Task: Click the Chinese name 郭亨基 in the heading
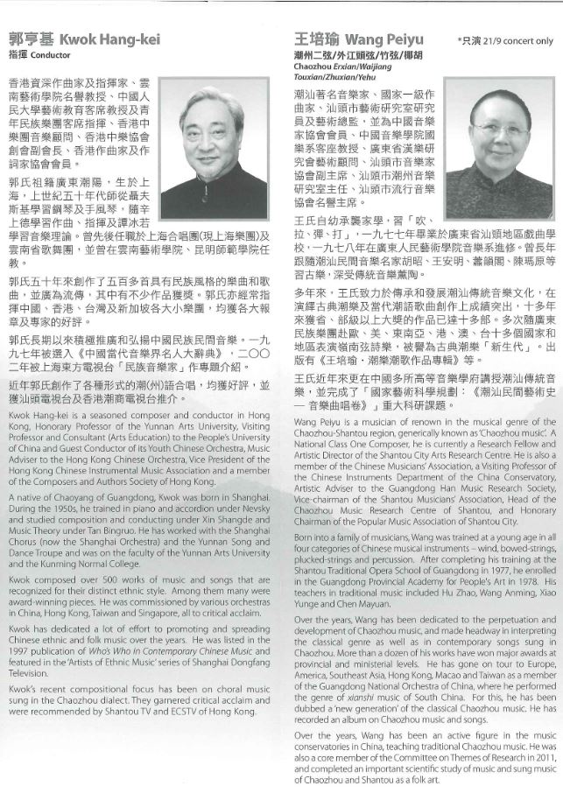pos(32,40)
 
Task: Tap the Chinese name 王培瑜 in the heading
pos(316,40)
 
